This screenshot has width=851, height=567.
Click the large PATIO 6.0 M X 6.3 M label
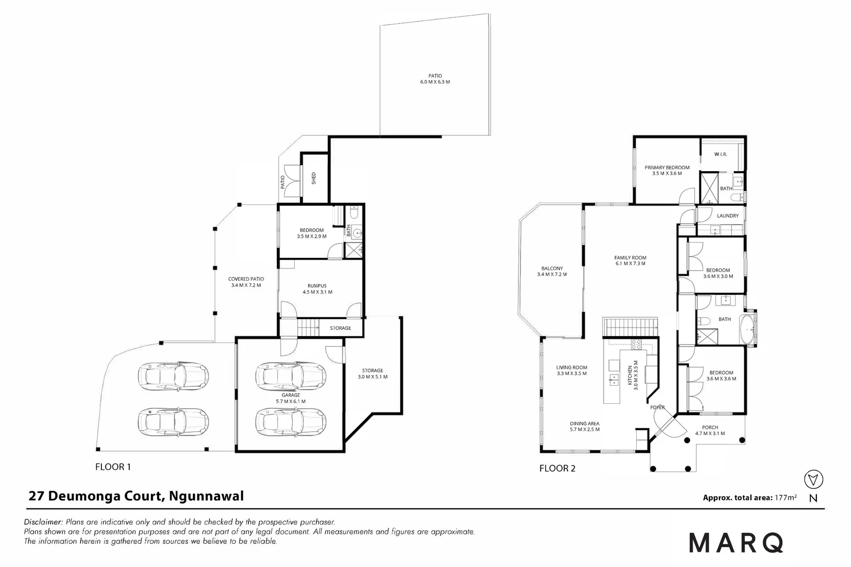[x=435, y=79]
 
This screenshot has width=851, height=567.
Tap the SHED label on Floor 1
[x=314, y=178]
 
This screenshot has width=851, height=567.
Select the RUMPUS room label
[x=317, y=289]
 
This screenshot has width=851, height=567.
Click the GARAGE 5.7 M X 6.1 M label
[x=290, y=398]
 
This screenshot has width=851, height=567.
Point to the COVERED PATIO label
[x=246, y=282]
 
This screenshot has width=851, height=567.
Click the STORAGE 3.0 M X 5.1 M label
[x=372, y=373]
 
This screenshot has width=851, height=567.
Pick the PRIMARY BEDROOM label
[x=667, y=170]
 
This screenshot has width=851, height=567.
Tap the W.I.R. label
[x=720, y=154]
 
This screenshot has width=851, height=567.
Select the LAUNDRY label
[x=728, y=216]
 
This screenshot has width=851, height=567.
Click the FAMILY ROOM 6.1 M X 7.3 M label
[x=630, y=260]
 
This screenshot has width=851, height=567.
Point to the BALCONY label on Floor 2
[x=552, y=271]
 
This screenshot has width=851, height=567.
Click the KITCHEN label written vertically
[x=632, y=373]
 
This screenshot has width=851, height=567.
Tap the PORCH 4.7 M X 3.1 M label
[x=710, y=430]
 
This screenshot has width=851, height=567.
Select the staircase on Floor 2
[x=630, y=327]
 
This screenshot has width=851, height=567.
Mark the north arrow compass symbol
[x=813, y=479]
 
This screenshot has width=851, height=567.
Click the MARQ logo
[x=736, y=543]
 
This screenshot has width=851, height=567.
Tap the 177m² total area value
[x=785, y=497]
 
